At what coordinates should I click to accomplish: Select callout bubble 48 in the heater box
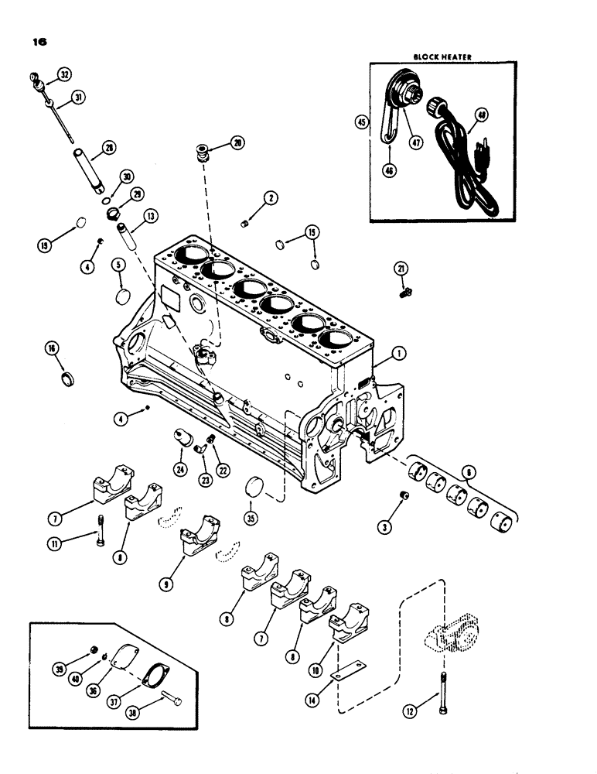(x=482, y=115)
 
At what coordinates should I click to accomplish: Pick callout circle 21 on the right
(x=401, y=268)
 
